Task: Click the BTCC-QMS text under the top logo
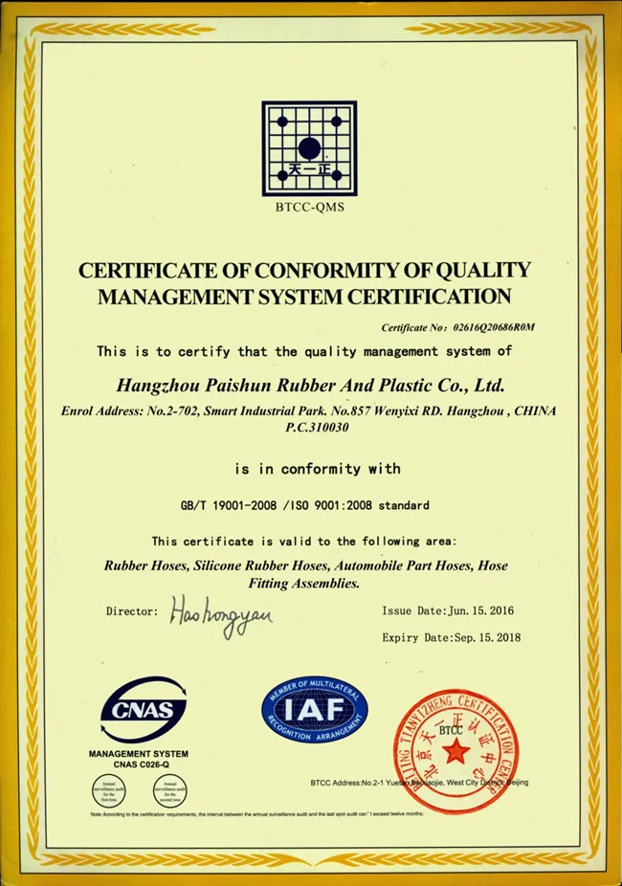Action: coord(309,206)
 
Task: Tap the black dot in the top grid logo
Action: coord(309,148)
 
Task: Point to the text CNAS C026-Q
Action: coord(140,764)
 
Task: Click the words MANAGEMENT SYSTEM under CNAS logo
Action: coord(139,754)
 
